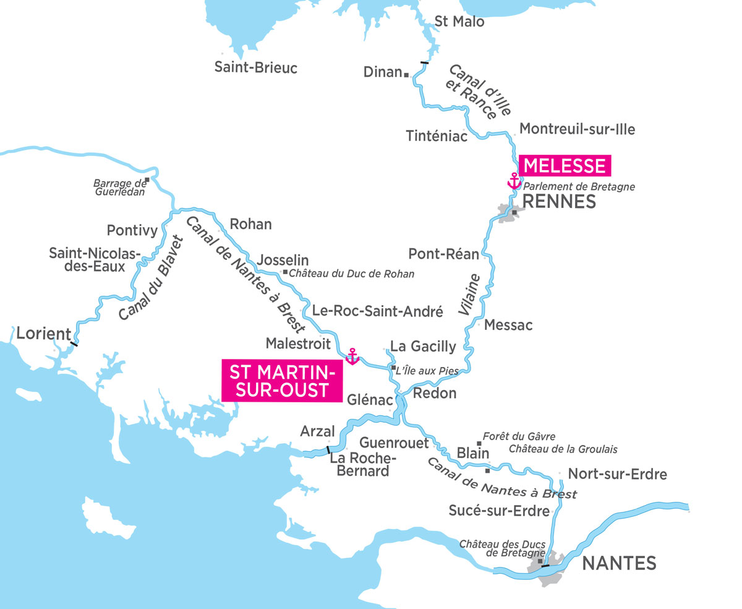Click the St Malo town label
459,22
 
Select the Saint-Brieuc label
255,67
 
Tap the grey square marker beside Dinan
406,74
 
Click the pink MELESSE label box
564,166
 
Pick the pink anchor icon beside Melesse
513,181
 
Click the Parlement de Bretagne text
579,186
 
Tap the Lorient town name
44,334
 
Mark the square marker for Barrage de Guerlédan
147,181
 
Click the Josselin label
284,260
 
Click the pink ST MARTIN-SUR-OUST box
282,382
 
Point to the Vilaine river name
470,296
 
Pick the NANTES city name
619,563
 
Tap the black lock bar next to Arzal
328,449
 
